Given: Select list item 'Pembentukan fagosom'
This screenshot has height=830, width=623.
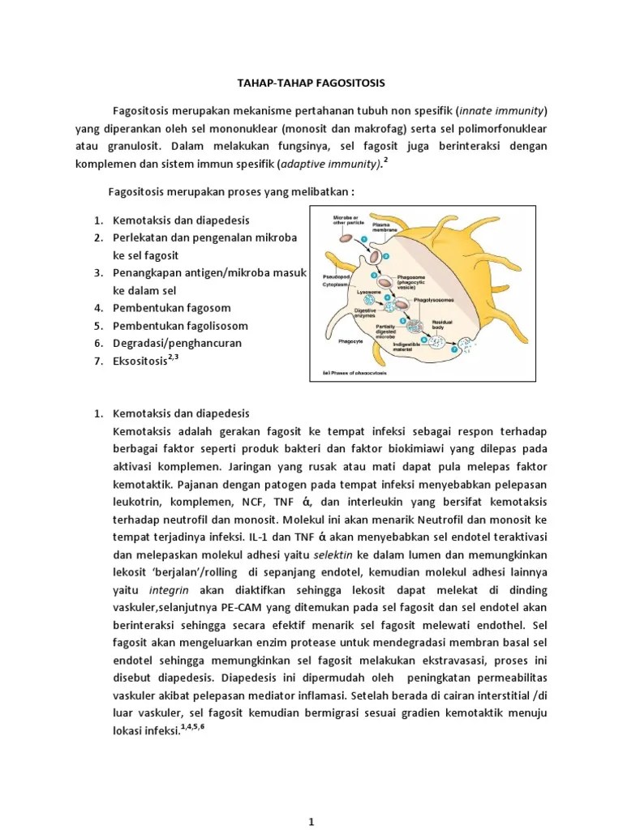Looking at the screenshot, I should tap(173, 308).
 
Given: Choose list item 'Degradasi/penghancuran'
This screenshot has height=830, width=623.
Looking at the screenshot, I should tap(178, 344).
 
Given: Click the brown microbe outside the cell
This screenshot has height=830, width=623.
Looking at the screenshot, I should tap(346, 239).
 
